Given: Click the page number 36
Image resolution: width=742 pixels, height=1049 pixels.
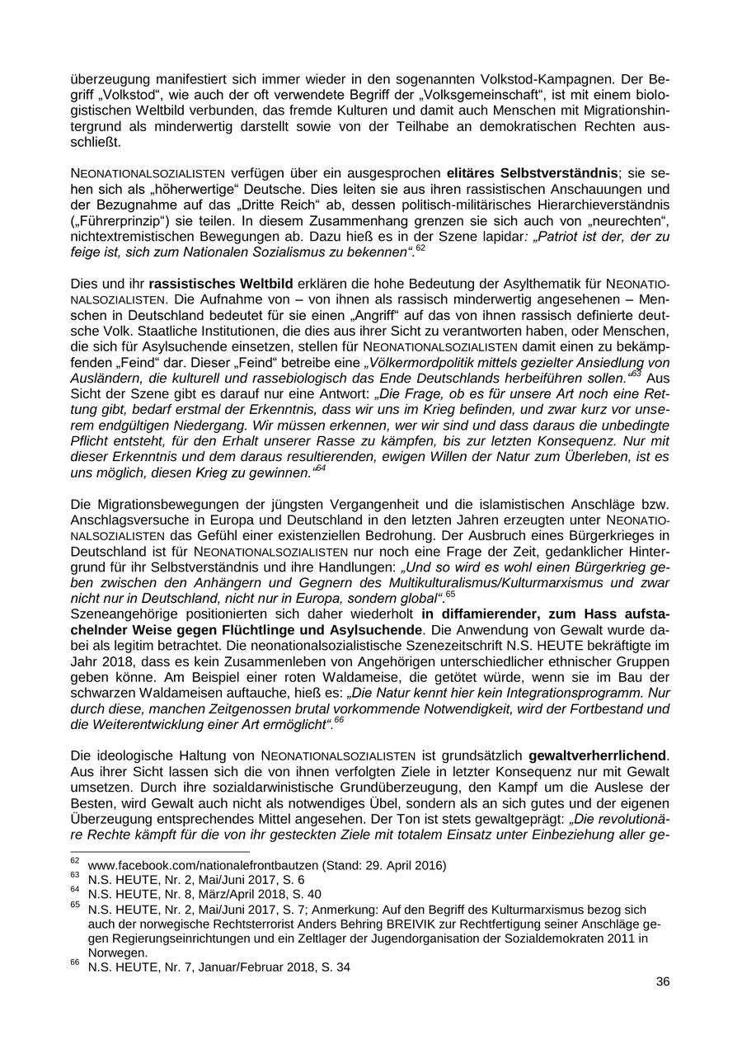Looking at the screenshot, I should click(662, 981).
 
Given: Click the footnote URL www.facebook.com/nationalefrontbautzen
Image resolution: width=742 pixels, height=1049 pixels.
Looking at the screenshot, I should click(204, 865).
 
